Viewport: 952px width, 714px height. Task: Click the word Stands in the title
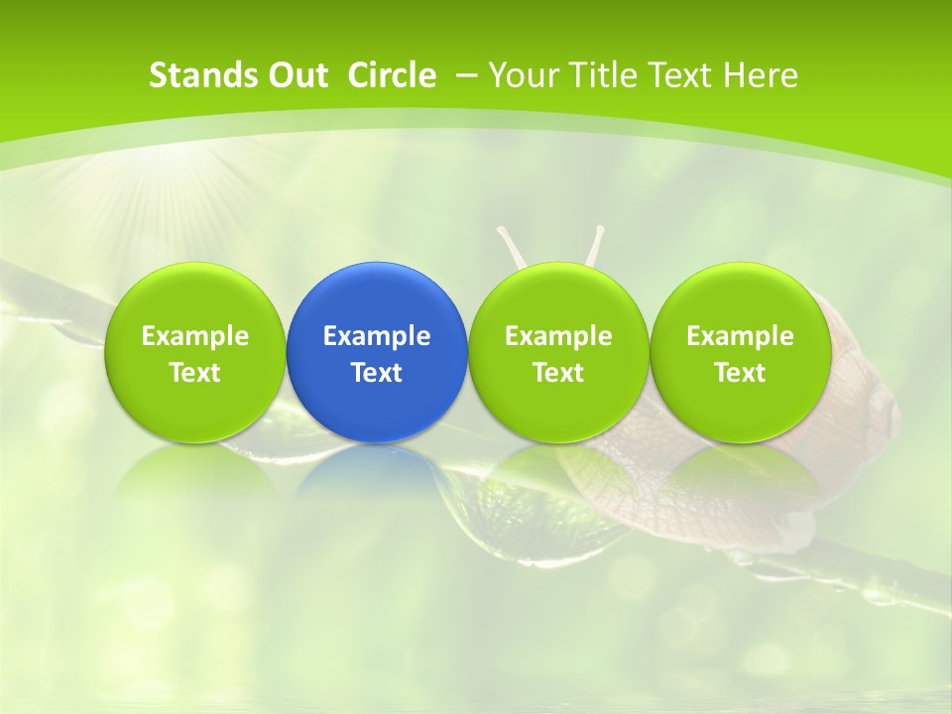tap(189, 75)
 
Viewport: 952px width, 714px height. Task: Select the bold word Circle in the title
tap(392, 75)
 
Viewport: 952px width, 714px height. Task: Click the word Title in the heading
tap(596, 75)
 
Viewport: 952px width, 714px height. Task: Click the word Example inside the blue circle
tap(377, 336)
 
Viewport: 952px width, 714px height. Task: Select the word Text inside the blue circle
tap(377, 373)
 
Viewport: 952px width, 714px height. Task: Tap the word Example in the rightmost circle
tap(740, 336)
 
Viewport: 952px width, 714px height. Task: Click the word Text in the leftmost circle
tap(194, 373)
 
